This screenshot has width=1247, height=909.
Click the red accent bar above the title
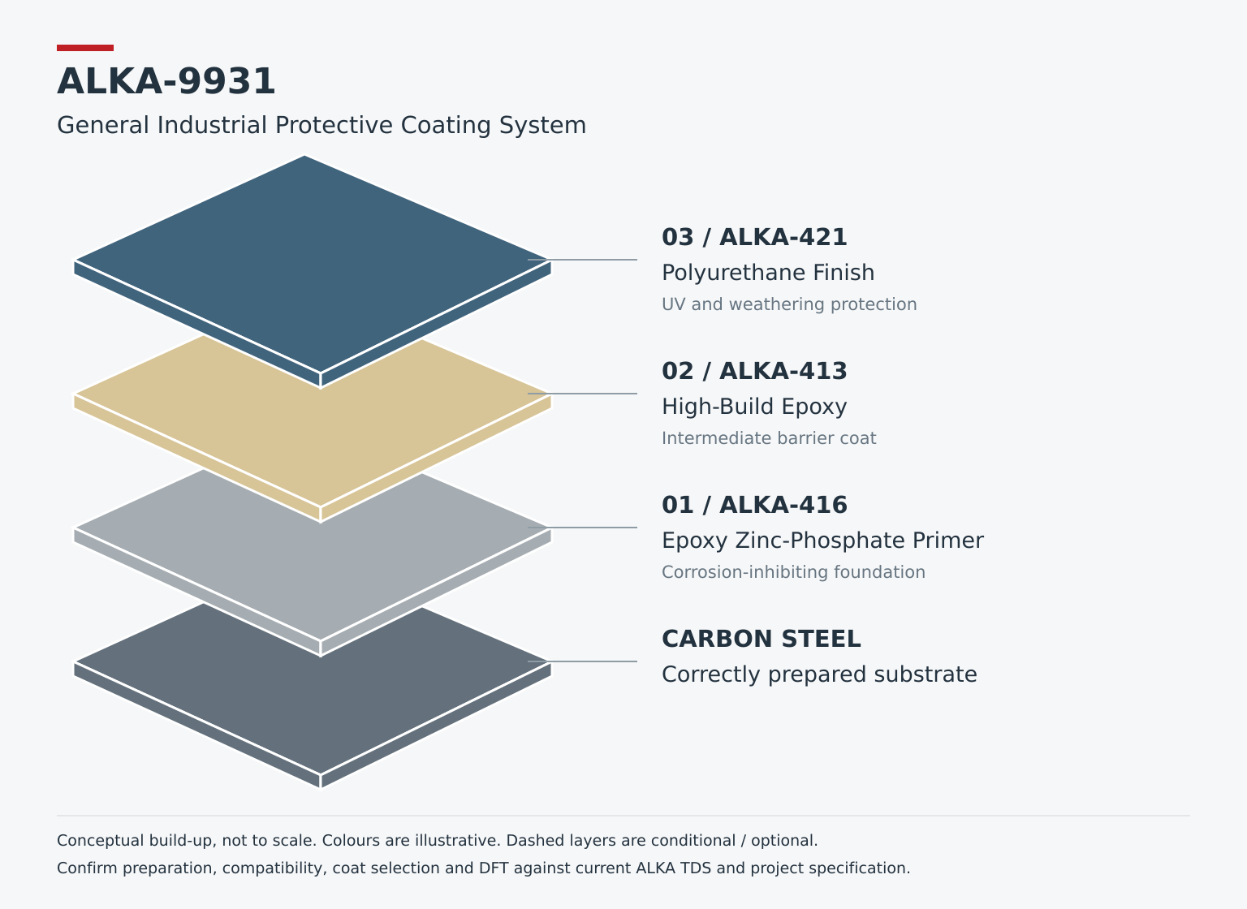point(85,48)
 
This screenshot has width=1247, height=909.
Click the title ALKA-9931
point(166,81)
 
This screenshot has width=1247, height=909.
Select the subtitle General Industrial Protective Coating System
point(321,125)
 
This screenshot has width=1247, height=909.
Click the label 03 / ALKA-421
point(754,238)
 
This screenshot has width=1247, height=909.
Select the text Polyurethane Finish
point(768,273)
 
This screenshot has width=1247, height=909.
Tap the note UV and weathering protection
point(789,304)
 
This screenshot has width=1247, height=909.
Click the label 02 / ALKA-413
point(754,371)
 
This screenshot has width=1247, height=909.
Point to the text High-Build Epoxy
point(754,407)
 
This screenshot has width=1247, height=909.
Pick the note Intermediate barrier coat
point(769,438)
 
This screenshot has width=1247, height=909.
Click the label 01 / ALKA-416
point(754,506)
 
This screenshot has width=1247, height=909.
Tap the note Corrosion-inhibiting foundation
point(793,572)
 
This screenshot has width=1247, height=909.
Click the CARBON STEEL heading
point(761,639)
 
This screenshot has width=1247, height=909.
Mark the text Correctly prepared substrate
point(819,674)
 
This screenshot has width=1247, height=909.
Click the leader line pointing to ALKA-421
point(582,260)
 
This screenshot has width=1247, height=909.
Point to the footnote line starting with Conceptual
point(437,841)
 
